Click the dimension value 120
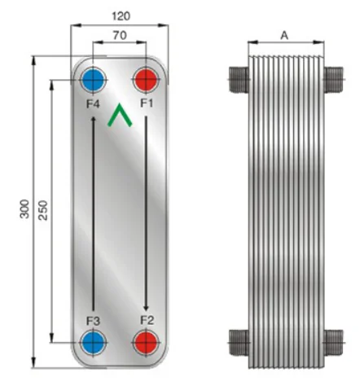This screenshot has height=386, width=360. (x=121, y=15)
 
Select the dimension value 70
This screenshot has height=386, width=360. (x=120, y=37)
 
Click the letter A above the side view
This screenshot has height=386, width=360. (x=283, y=35)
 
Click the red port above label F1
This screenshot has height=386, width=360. (x=146, y=81)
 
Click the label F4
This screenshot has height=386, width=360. (x=93, y=103)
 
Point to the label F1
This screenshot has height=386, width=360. (x=147, y=103)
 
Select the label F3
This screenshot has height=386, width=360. (x=93, y=318)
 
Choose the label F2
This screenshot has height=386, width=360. (x=147, y=318)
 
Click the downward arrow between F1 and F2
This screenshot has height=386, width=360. (x=146, y=212)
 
